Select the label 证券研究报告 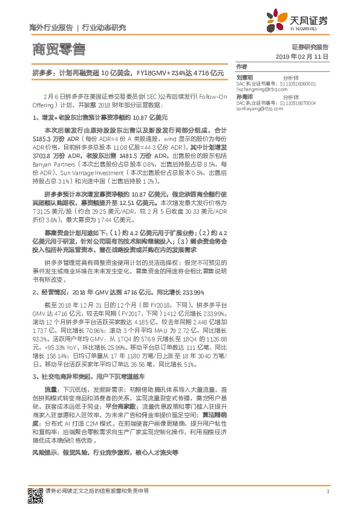(310, 46)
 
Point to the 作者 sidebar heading (242, 66)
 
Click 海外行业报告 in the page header (51, 28)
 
